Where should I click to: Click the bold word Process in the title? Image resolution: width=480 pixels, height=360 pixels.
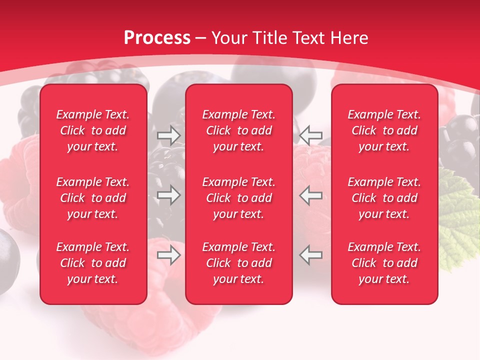(x=157, y=38)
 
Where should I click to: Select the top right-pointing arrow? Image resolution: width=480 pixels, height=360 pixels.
(x=168, y=135)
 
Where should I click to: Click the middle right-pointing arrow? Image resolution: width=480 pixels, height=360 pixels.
(x=168, y=195)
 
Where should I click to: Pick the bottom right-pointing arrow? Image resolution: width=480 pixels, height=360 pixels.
(x=168, y=255)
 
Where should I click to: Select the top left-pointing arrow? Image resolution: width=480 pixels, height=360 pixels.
(x=311, y=135)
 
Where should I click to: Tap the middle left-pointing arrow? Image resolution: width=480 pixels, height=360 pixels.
(x=311, y=195)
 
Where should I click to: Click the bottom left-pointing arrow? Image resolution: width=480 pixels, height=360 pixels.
(x=311, y=255)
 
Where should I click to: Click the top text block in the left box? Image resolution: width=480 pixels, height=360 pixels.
(x=93, y=130)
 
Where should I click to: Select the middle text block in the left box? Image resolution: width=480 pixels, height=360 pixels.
(x=93, y=198)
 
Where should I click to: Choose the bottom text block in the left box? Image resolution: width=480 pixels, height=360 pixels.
(x=93, y=263)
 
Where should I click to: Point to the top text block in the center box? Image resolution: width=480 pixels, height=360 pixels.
(x=239, y=130)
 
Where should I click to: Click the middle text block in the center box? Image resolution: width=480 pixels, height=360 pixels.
(x=239, y=198)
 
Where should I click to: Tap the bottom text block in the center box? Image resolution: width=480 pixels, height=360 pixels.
(x=239, y=263)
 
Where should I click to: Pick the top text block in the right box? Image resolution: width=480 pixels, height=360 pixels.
(x=384, y=130)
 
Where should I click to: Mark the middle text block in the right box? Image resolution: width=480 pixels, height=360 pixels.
(x=384, y=198)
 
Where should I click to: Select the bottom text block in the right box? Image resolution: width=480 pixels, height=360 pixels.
(x=384, y=263)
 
